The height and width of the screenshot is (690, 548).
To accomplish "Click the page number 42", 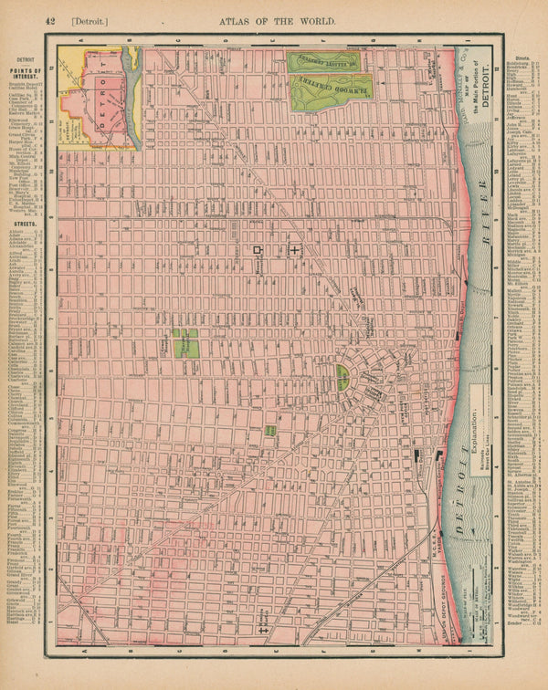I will pos(49,19).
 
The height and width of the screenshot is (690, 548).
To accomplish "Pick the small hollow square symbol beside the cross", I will pos(259,248).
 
